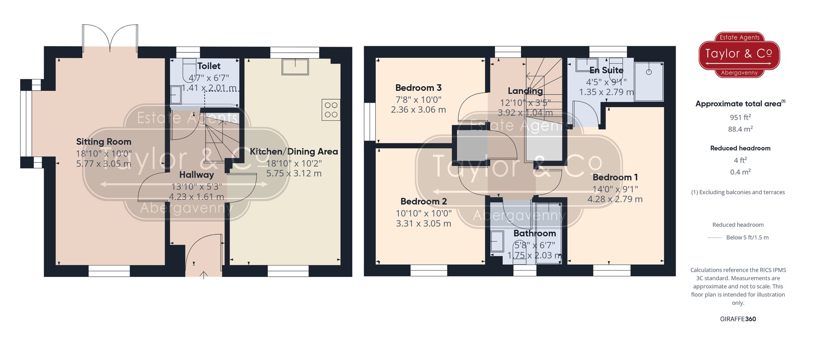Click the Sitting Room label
(104, 142)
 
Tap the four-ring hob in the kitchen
(331, 110)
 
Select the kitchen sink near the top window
(295, 67)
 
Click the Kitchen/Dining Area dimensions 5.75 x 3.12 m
(294, 174)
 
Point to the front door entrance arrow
(204, 275)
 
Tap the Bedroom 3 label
(418, 88)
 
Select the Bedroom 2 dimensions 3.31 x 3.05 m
(423, 224)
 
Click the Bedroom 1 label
(615, 177)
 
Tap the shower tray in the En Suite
(649, 81)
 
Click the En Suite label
(606, 71)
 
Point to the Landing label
(525, 91)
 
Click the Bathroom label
(535, 233)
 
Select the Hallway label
(196, 175)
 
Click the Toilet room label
(209, 66)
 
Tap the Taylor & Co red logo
(739, 55)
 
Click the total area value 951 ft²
(740, 118)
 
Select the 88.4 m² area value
(740, 129)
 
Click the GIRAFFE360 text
(738, 319)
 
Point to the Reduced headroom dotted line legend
(714, 238)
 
